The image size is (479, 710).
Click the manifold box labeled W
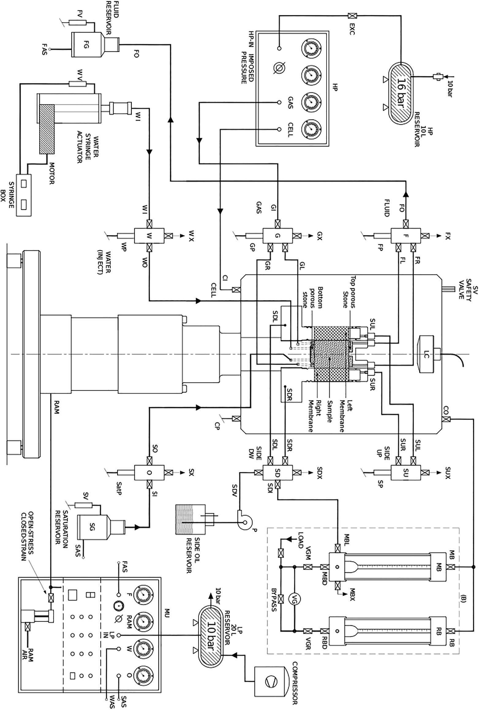click(x=149, y=236)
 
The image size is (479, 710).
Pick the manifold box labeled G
click(x=277, y=236)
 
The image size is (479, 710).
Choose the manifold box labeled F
click(x=405, y=236)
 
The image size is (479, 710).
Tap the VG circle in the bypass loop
click(x=294, y=589)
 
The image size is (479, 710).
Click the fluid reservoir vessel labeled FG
click(x=86, y=45)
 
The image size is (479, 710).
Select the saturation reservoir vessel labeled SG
click(x=92, y=527)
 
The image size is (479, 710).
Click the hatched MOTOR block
click(x=47, y=129)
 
